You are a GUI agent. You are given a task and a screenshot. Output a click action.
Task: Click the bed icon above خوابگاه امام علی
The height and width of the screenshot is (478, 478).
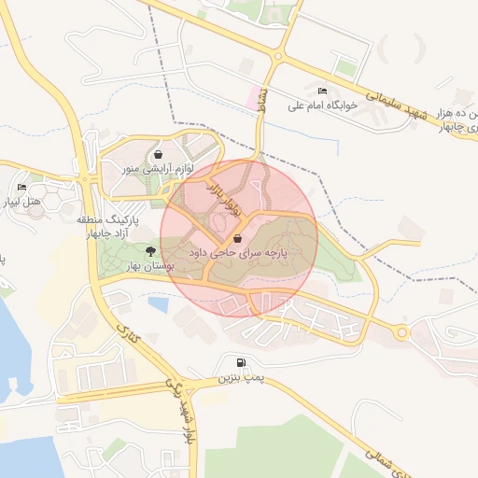coord(323,91)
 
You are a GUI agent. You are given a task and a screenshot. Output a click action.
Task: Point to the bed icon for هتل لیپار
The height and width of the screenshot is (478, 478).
coord(21,188)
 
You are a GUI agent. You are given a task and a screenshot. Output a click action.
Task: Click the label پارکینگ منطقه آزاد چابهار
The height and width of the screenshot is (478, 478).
coord(89,224)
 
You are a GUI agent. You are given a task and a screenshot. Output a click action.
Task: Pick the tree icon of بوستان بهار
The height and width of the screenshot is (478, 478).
coord(150,250)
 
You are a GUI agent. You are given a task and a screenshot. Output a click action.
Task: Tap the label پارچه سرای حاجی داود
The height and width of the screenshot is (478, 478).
coord(238,252)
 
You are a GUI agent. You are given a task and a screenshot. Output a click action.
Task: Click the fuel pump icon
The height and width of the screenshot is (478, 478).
coord(243,363)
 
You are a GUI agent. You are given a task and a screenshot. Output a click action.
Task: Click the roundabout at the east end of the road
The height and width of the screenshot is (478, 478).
coord(402,331)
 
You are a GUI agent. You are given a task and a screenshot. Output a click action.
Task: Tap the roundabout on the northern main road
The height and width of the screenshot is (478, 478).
coord(277,57)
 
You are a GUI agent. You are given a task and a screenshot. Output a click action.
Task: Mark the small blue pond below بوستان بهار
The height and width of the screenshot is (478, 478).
coord(159,304)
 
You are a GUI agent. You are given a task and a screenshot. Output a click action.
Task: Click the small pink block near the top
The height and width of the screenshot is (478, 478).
coord(252,96)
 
